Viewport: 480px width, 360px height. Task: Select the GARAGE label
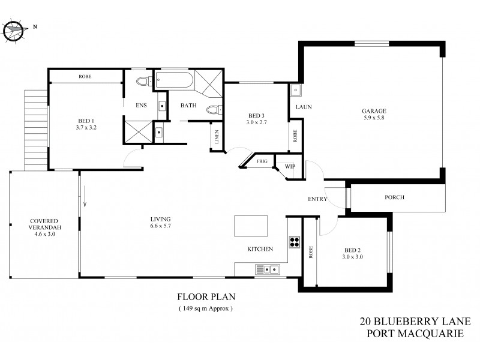click(x=373, y=111)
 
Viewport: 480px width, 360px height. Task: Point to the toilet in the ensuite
click(x=143, y=82)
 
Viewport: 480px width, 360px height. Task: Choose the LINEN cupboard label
click(x=216, y=137)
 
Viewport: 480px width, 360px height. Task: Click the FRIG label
click(x=262, y=161)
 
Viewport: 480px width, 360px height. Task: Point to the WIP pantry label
click(x=290, y=166)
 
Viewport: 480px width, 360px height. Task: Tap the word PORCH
click(x=394, y=197)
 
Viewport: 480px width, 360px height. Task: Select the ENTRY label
click(x=317, y=199)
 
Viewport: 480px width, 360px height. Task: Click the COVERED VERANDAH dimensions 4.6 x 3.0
click(x=43, y=235)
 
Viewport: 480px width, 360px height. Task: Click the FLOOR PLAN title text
click(x=205, y=296)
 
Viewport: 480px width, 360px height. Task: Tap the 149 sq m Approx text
click(x=205, y=308)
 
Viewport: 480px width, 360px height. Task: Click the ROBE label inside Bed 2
click(x=310, y=253)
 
